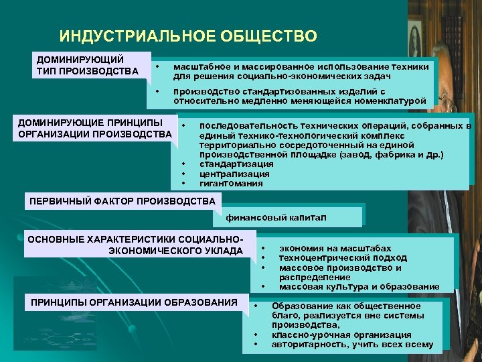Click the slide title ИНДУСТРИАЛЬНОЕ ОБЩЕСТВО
click(x=188, y=36)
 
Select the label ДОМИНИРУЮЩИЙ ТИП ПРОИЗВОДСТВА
click(x=88, y=66)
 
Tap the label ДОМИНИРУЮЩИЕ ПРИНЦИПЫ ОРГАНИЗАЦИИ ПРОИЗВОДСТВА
click(x=94, y=128)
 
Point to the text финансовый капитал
click(x=276, y=217)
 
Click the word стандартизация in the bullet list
click(x=236, y=164)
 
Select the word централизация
click(x=234, y=174)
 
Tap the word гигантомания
click(x=231, y=183)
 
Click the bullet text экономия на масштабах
click(x=335, y=248)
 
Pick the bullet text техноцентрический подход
click(x=342, y=257)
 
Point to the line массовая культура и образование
click(x=359, y=286)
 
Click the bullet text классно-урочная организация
click(x=341, y=335)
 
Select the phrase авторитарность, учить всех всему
click(x=352, y=345)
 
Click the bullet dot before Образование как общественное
click(x=256, y=306)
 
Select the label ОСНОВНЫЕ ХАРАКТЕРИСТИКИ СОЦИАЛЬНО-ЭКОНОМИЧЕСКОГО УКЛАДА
click(x=134, y=245)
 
